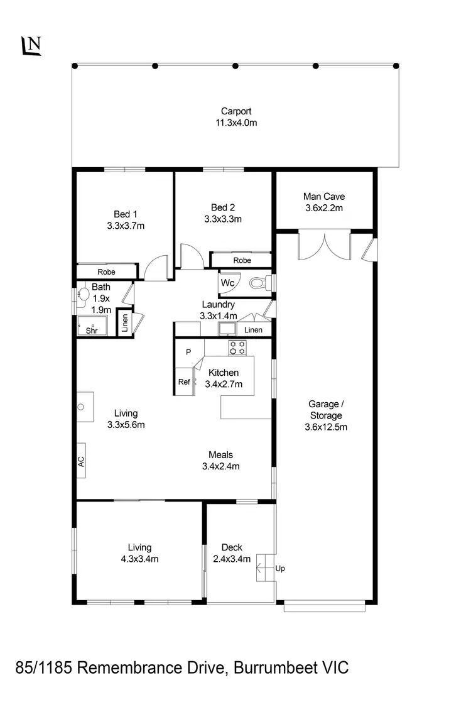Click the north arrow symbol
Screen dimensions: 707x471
coord(31,45)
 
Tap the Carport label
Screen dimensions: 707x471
coord(235,111)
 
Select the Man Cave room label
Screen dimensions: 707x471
coord(324,196)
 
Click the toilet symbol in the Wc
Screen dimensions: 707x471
coord(258,283)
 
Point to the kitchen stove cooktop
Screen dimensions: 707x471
coord(237,348)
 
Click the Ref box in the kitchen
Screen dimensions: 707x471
coord(183,381)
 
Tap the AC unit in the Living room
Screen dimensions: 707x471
coord(81,461)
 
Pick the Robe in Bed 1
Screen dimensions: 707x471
coord(106,272)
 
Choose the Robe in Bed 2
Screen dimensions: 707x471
coord(242,260)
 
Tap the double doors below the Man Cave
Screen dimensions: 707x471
coord(324,245)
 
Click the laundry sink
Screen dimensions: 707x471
coord(226,329)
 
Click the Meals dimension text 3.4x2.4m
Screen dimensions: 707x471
coord(220,466)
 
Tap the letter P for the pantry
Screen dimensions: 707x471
coord(188,353)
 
